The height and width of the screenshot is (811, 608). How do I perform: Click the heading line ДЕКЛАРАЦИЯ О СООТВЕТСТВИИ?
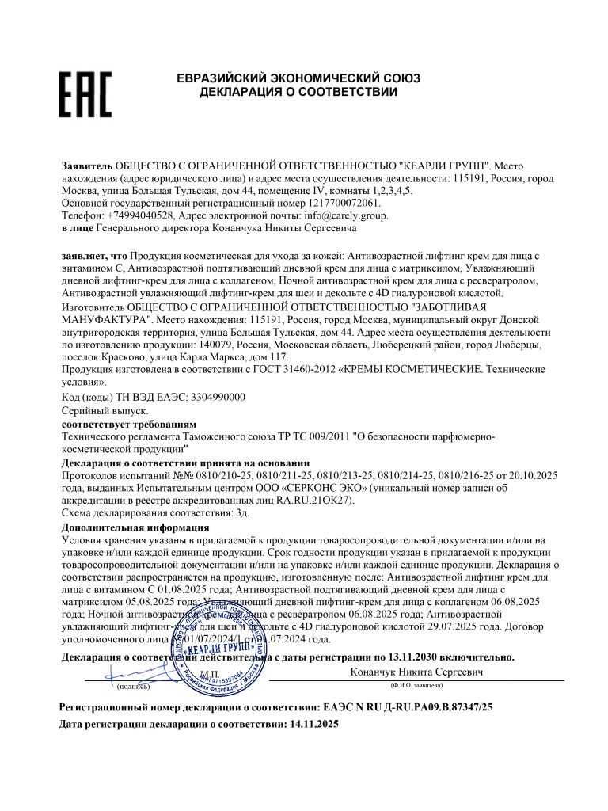[x=298, y=93]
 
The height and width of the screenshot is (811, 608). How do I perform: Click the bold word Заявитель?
[x=87, y=166]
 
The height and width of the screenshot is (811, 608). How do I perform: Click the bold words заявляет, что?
[x=94, y=257]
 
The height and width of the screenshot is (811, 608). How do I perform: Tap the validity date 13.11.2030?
[x=426, y=657]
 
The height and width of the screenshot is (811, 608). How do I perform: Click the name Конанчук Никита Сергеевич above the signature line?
[x=417, y=672]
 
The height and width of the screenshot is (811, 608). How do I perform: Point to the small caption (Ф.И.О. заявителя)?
[x=416, y=685]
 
